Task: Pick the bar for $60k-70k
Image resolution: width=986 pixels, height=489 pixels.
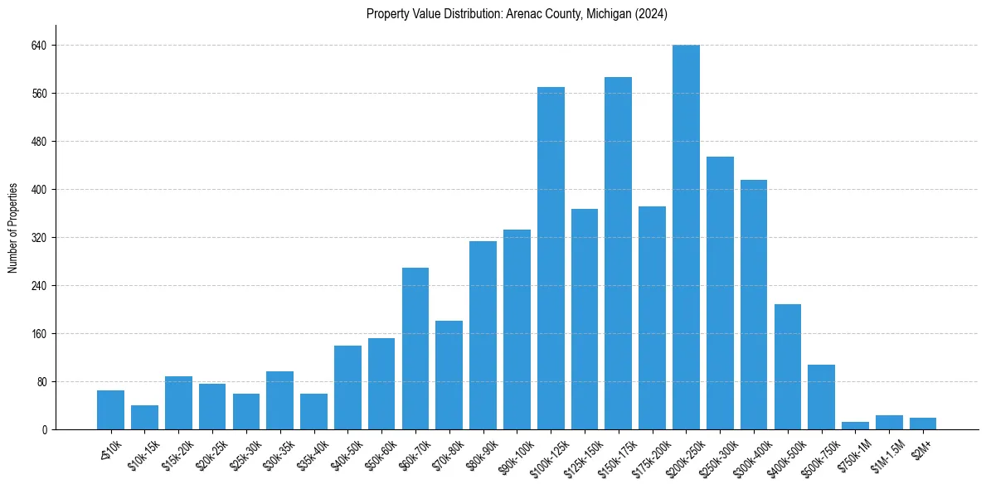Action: pyautogui.click(x=415, y=348)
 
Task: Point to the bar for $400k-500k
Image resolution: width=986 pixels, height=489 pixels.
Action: pyautogui.click(x=788, y=366)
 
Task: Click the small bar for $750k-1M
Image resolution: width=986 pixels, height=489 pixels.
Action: pyautogui.click(x=855, y=426)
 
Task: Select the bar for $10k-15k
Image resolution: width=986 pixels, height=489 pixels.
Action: pyautogui.click(x=144, y=418)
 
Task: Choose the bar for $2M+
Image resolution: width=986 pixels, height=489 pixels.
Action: pyautogui.click(x=923, y=424)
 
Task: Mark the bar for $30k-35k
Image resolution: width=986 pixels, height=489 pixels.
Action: pyautogui.click(x=279, y=400)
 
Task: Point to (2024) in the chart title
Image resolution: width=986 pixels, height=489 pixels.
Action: pyautogui.click(x=648, y=14)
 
